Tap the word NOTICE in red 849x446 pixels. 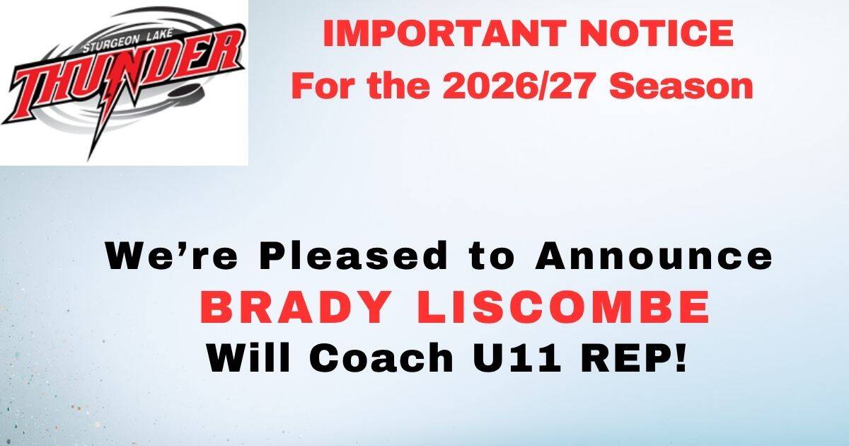click(x=657, y=33)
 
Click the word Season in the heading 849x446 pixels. click(x=681, y=86)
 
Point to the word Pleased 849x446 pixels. click(x=354, y=256)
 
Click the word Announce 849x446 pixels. click(x=654, y=256)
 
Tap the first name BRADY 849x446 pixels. click(x=296, y=307)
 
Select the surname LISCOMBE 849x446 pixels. click(x=564, y=307)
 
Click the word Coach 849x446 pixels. click(x=381, y=357)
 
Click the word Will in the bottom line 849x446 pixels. click(x=248, y=357)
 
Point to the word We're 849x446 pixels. click(x=172, y=256)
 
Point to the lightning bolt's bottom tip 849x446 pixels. click(x=88, y=161)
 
